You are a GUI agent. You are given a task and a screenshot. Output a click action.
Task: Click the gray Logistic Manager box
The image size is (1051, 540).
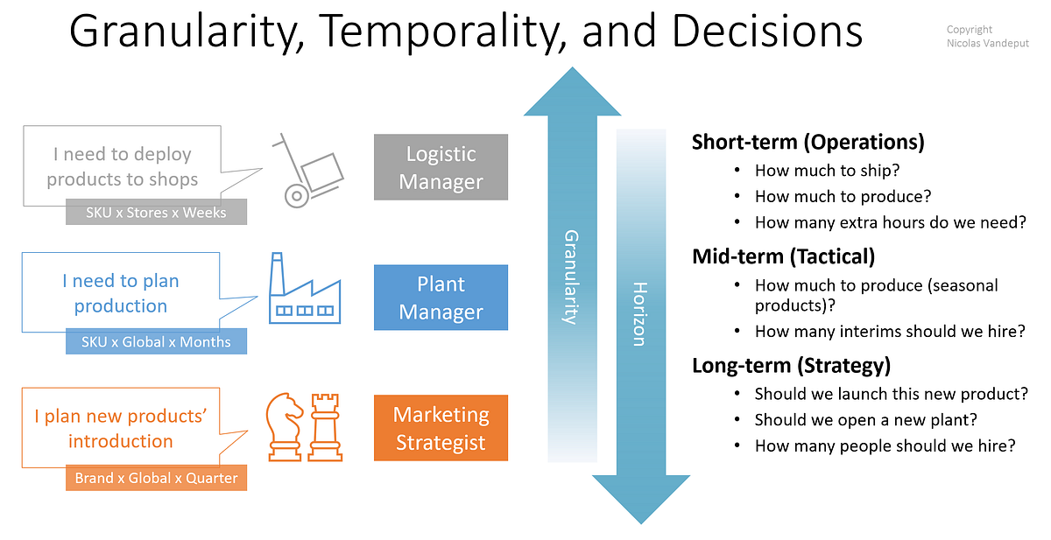441,167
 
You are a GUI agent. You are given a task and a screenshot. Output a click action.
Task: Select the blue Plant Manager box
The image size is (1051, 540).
441,298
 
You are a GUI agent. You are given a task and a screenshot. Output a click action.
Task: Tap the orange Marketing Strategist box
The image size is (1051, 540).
441,428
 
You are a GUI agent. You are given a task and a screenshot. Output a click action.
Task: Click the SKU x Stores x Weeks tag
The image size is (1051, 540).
156,213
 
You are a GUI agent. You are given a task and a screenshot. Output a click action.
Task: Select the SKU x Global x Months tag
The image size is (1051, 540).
156,342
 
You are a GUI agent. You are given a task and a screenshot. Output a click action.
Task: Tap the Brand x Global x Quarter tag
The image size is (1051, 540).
156,479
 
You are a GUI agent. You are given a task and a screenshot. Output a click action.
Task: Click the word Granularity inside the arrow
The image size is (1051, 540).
570,277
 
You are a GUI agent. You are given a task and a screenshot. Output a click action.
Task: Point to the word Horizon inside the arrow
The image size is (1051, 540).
639,314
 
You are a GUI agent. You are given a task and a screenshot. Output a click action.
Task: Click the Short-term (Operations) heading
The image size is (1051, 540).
808,142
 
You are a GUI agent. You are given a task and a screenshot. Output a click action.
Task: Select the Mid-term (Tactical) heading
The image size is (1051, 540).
783,256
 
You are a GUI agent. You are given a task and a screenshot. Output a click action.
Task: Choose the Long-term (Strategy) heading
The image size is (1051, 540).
791,365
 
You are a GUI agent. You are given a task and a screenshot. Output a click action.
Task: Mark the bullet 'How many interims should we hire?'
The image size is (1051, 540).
889,331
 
